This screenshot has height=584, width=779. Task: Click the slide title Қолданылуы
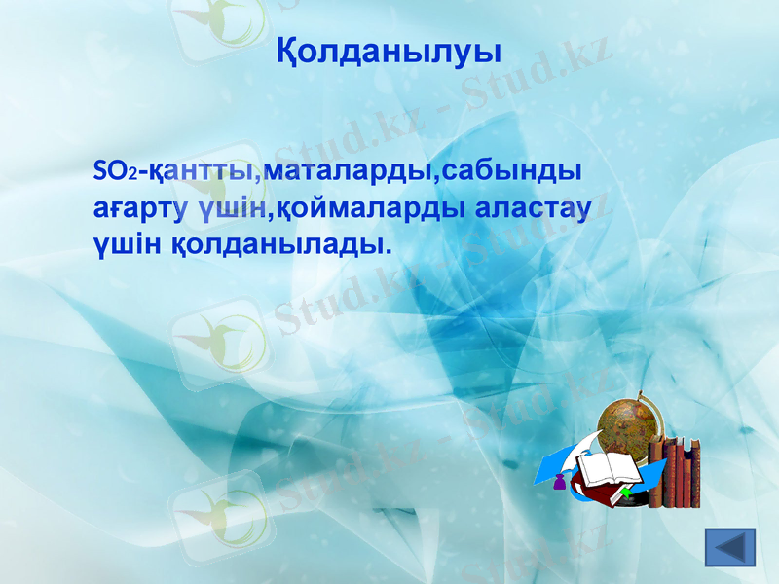pos(389,50)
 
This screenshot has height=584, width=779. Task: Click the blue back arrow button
pos(729,547)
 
